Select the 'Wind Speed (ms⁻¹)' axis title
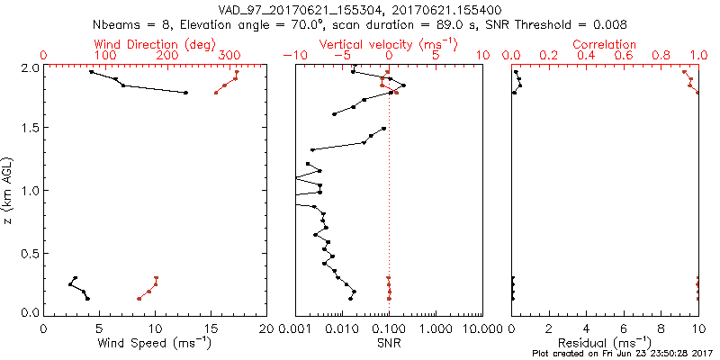tap(155, 344)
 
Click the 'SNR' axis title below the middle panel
tap(389, 344)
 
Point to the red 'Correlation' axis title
tap(604, 44)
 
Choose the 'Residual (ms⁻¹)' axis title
tap(605, 344)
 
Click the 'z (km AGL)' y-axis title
tap(9, 190)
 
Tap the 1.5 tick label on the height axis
tap(29, 129)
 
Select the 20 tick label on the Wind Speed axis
tap(266, 329)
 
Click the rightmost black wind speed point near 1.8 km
tap(185, 92)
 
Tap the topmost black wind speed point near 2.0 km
tap(91, 72)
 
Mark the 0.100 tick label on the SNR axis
tap(389, 329)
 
